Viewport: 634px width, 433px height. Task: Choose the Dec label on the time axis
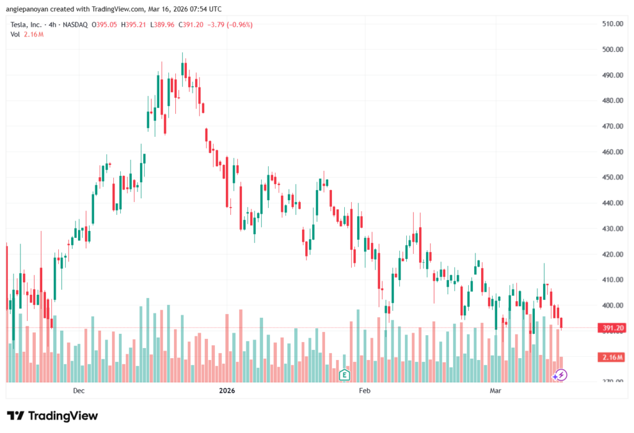[79, 391]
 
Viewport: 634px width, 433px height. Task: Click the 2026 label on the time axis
[227, 391]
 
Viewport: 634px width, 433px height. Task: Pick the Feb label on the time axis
[364, 391]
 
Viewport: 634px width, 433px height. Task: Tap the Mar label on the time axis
[495, 391]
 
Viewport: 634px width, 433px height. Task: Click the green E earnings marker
[345, 374]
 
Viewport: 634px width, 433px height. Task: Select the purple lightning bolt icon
[560, 374]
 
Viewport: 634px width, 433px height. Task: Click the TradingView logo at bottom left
[52, 416]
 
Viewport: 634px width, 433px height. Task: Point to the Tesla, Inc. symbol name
[27, 25]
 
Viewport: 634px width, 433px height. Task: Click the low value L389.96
[163, 25]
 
